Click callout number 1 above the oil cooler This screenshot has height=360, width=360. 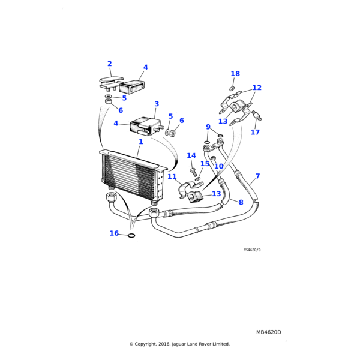coord(140,142)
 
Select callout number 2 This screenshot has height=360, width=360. coord(109,64)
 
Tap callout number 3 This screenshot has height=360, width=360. coord(157,104)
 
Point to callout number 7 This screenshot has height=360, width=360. coord(257,176)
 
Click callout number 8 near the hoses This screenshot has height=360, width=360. coord(241,203)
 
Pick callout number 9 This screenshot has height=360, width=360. coord(208,127)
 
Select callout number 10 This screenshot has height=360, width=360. coord(218,166)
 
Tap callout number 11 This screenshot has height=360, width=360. coord(172,176)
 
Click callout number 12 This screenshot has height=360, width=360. coord(257,88)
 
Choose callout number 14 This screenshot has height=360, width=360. coord(191,155)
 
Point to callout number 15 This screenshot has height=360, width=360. coord(205,163)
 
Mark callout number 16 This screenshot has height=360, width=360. coord(114,233)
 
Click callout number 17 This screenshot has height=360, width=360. coord(255,132)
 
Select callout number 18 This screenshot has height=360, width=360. coord(235,74)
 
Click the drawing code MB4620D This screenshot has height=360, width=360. coord(268,332)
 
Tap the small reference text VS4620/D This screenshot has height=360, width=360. coord(252,250)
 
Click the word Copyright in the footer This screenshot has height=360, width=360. coord(146,344)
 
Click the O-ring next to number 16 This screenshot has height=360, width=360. coord(131,235)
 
